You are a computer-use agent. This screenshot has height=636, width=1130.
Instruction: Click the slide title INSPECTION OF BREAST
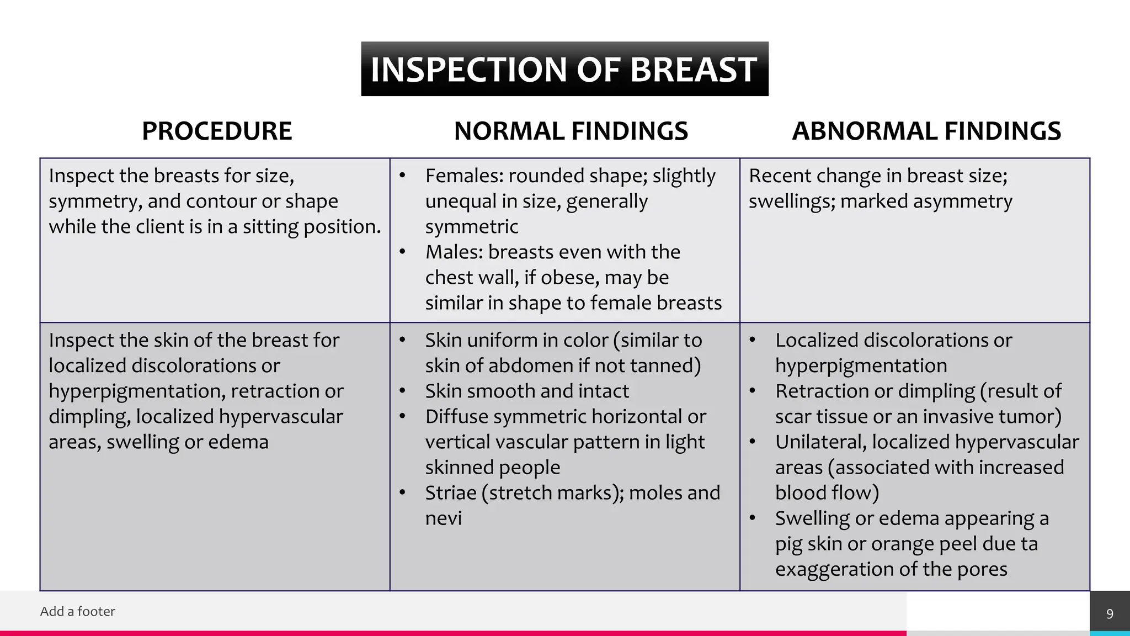point(564,70)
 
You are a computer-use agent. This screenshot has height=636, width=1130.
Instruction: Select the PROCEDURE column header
point(217,131)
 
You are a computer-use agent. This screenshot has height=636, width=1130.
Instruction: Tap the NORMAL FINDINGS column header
point(571,131)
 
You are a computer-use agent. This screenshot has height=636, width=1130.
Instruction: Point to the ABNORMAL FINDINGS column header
point(926,131)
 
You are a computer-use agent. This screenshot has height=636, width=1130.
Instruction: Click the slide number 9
point(1110,614)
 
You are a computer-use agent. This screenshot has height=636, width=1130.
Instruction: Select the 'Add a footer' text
point(78,611)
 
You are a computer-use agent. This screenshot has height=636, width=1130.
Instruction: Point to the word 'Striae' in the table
point(450,493)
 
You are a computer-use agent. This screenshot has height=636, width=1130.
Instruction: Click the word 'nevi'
point(443,518)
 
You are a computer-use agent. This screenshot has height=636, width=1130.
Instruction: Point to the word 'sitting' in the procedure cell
point(265,227)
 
